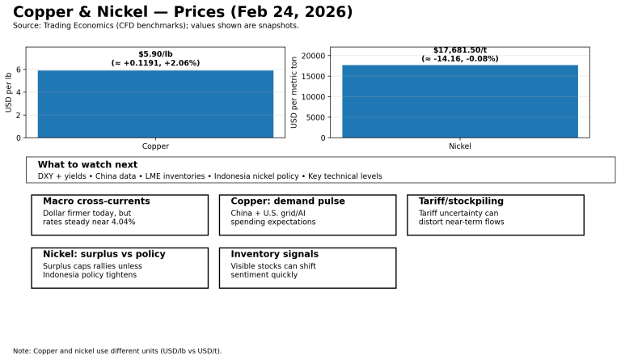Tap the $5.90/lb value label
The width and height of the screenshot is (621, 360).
coord(155,54)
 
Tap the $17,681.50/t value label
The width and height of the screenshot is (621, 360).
coord(459,50)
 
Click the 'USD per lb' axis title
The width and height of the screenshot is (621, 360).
coord(9,92)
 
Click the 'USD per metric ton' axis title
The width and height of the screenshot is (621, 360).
coord(294,92)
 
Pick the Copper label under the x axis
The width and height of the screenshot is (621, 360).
coord(155,146)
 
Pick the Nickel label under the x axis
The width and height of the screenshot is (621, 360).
coord(459,146)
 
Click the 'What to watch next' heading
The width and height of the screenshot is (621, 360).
coord(87,164)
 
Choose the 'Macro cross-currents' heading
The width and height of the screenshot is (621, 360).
coord(96,201)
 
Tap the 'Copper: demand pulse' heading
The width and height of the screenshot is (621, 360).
coord(287,201)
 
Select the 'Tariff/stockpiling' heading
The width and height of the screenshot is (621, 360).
coord(461,201)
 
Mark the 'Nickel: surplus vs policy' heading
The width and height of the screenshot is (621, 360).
coord(103,254)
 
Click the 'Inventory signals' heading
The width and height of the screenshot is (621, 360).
coord(274,254)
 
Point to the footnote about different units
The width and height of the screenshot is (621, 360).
coord(117,351)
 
